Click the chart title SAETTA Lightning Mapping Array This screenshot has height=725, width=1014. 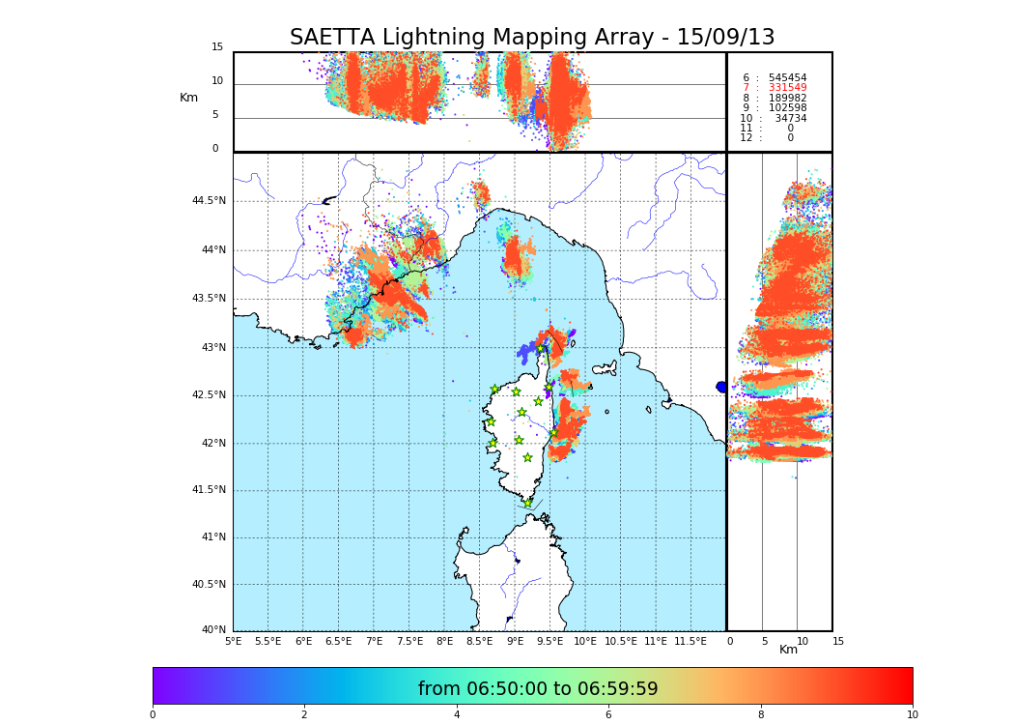[x=532, y=38]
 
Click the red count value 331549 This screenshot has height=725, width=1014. [x=787, y=88]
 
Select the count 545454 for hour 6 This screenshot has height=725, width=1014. [x=787, y=77]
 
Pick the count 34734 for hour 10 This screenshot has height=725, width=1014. [x=790, y=118]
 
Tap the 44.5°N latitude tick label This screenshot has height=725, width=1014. [x=209, y=201]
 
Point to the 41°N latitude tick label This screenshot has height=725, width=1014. [x=212, y=537]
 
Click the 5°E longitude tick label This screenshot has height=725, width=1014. [x=233, y=641]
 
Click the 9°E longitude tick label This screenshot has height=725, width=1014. [x=515, y=641]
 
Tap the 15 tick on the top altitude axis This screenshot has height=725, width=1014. [x=217, y=47]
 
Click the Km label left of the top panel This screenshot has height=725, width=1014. [x=188, y=98]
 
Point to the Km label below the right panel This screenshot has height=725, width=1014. [x=789, y=650]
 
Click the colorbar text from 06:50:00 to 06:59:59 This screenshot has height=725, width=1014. [x=538, y=689]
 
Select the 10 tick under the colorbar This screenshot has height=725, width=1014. [x=913, y=714]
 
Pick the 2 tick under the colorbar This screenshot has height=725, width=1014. [x=304, y=714]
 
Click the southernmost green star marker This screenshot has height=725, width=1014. [x=528, y=503]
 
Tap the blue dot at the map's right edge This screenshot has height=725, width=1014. [x=721, y=387]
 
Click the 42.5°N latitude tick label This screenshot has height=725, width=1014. [x=209, y=394]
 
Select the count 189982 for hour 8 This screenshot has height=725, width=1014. [x=787, y=98]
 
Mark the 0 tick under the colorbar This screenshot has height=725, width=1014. [x=153, y=714]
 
